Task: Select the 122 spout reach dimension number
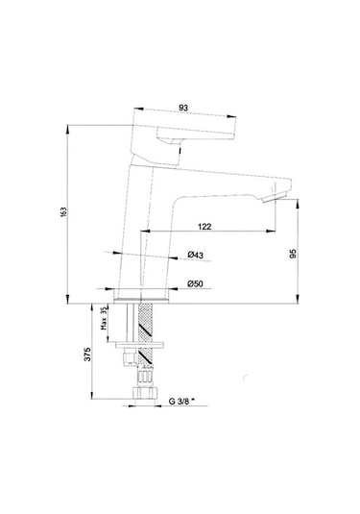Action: click(206, 226)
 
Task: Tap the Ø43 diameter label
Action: click(193, 254)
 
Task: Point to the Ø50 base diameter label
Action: click(193, 283)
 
